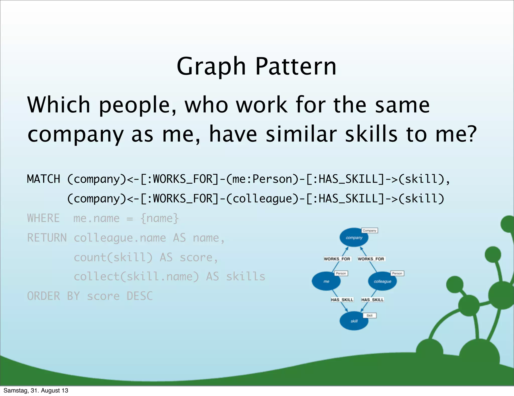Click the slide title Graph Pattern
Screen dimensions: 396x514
[256, 66]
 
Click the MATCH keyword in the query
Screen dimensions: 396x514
[43, 179]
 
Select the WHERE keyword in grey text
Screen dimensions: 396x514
[43, 218]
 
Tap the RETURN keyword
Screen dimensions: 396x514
[47, 238]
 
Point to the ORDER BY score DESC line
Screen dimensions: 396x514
[90, 296]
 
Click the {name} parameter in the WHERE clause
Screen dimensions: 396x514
[160, 218]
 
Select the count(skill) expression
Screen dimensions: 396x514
[113, 257]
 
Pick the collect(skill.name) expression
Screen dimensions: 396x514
[136, 277]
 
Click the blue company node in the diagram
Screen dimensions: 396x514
[354, 237]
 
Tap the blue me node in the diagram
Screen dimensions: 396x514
[326, 281]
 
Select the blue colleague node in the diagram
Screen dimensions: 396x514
[382, 281]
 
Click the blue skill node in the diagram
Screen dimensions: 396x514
[354, 321]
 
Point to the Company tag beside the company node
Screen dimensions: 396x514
[369, 230]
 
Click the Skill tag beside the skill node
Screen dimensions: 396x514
[369, 315]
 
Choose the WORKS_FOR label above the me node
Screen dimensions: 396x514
[337, 259]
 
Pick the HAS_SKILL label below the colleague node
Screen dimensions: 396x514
[372, 300]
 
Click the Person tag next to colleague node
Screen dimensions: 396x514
[397, 273]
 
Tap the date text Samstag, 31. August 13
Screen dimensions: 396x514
[36, 390]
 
